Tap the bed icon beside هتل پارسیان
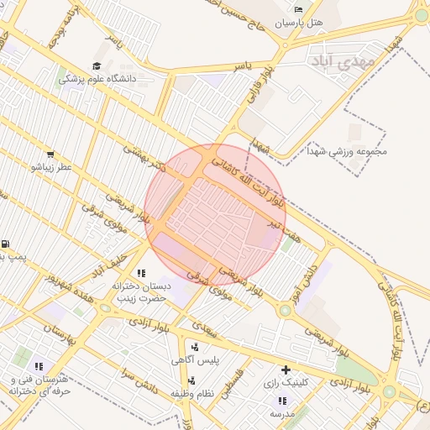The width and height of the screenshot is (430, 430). pyautogui.click(x=298, y=8)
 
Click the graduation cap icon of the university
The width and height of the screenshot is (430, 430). pyautogui.click(x=97, y=66)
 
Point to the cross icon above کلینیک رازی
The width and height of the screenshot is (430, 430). pyautogui.click(x=286, y=370)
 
